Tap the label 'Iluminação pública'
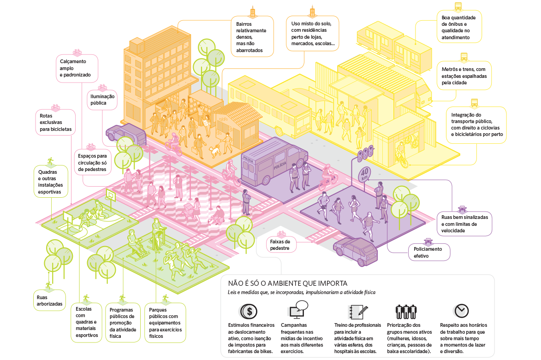click(102, 100)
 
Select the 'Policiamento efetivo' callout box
click(429, 253)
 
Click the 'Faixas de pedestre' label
click(280, 245)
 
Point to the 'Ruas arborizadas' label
click(50, 301)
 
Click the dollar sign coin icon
click(249, 312)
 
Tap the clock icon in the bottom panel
click(461, 311)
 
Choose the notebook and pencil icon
click(358, 312)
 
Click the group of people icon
click(406, 312)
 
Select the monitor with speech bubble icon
click(298, 309)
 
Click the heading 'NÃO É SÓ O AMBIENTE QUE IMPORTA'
click(288, 283)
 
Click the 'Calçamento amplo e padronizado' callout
click(77, 68)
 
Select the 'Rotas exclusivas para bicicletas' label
click(55, 123)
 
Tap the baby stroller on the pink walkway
click(189, 209)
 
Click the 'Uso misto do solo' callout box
click(313, 34)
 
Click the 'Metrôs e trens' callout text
click(464, 76)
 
